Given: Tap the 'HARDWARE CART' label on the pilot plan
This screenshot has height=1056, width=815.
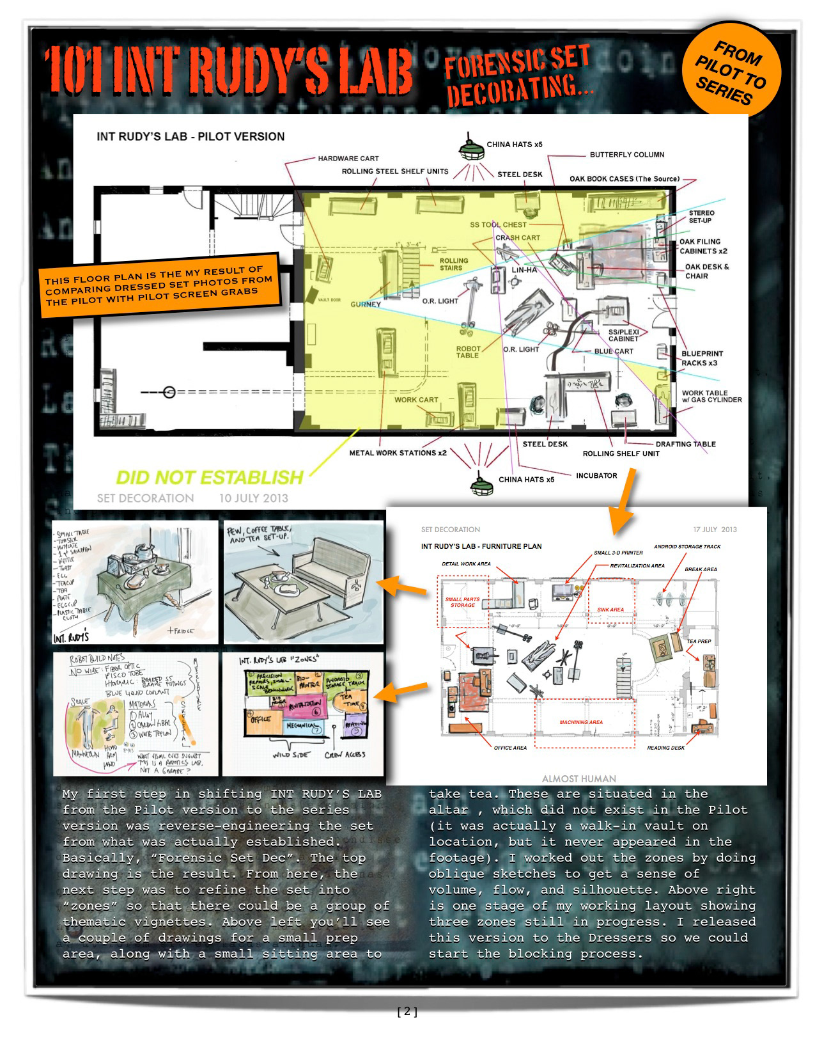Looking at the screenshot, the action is click(348, 158).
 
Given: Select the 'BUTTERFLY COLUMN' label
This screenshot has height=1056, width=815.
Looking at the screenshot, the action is click(626, 155).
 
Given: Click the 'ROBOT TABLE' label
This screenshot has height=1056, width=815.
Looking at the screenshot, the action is click(467, 352).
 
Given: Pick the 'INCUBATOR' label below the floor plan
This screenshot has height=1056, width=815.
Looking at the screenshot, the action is click(596, 475).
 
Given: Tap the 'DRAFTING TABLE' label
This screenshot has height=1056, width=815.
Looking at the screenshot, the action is click(685, 444).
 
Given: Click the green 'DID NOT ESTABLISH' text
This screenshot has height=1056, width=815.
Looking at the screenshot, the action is click(209, 477).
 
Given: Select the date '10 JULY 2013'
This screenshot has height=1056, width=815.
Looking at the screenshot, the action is click(254, 498).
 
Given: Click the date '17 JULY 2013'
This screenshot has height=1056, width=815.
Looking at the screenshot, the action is click(715, 530).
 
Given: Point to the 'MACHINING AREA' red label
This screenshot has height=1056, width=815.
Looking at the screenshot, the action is click(581, 722).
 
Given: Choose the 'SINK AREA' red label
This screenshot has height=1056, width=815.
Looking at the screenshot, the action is click(610, 610).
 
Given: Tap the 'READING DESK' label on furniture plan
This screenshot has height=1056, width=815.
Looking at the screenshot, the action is click(665, 748).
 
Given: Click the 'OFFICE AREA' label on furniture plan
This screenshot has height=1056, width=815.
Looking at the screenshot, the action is click(510, 748).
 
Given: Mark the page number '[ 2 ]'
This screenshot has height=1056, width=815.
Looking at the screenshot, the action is click(407, 1011).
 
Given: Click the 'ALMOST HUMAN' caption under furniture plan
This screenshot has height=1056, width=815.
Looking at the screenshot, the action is click(578, 778).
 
